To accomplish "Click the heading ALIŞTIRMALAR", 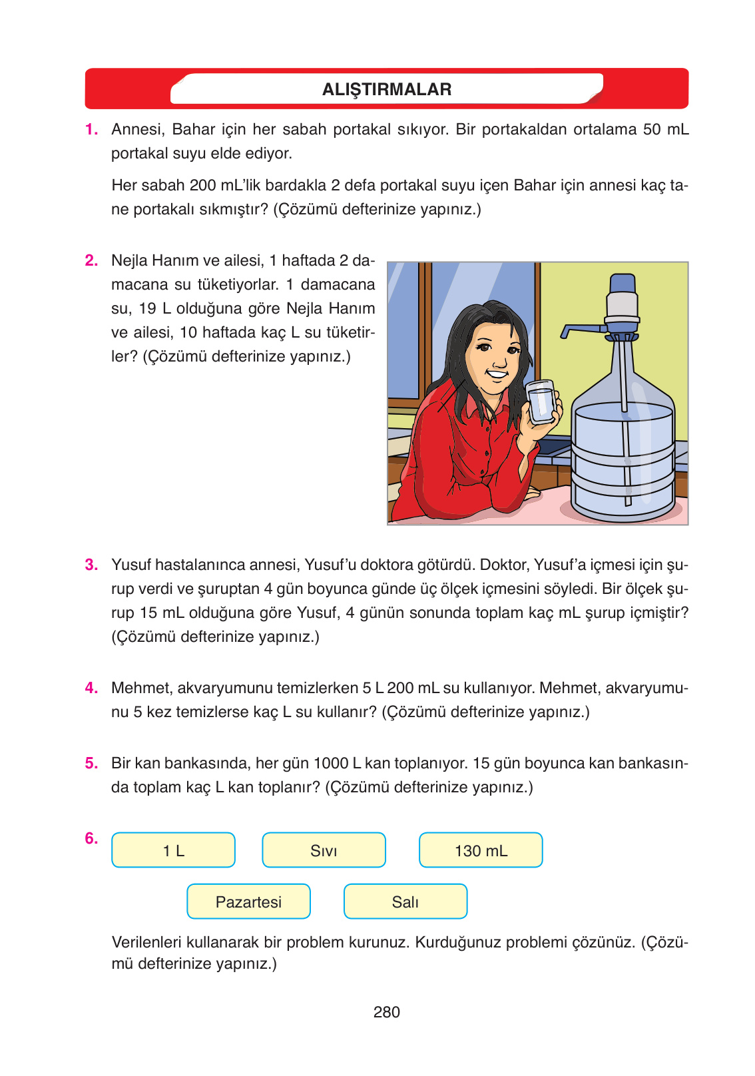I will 386,89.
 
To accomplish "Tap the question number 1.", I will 91,129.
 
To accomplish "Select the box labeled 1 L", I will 173,850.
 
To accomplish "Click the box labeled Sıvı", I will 324,850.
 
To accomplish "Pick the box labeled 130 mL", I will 481,850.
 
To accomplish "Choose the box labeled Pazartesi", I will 248,902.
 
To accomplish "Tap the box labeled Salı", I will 405,902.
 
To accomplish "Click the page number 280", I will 386,1012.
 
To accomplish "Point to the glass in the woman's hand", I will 541,402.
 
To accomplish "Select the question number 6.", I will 91,838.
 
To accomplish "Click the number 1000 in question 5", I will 331,763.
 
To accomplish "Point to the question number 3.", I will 91,565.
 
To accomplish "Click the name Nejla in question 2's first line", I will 131,260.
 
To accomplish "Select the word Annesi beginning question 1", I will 137,129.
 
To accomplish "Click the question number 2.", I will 91,260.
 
